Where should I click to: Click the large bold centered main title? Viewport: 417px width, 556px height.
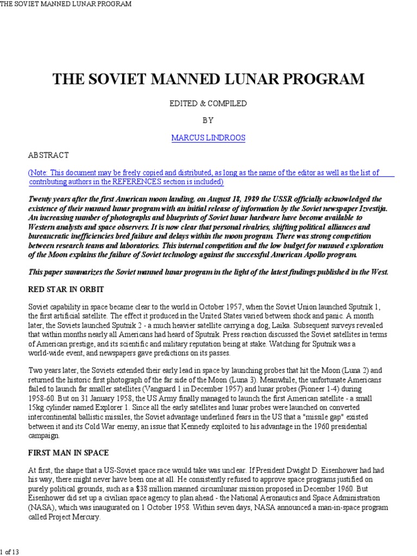point(208,79)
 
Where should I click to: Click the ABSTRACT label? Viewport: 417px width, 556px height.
point(48,155)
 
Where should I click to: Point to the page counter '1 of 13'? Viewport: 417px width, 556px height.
point(11,552)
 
